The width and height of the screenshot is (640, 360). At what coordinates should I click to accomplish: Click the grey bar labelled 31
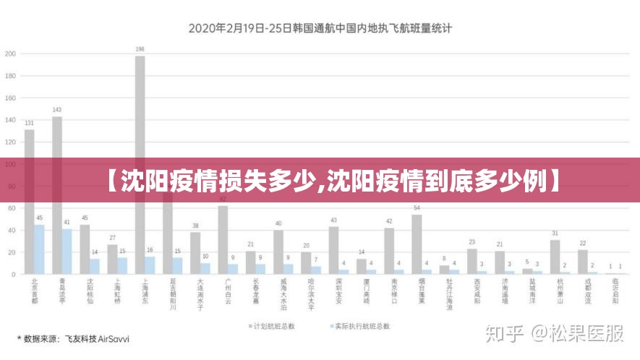tap(555, 257)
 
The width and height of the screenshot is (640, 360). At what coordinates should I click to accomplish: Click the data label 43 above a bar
tap(333, 220)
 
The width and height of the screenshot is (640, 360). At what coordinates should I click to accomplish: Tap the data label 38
tap(195, 226)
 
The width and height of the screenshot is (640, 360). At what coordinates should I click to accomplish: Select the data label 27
tap(112, 237)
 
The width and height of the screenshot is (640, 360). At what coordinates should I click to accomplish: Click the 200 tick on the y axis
tap(10, 53)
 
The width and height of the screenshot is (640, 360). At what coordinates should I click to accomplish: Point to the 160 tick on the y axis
tap(10, 98)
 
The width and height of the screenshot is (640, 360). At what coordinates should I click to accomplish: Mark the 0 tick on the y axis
tap(14, 275)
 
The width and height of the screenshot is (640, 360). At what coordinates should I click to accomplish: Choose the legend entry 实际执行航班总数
tap(362, 327)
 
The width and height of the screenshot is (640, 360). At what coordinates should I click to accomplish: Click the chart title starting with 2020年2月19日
tap(320, 29)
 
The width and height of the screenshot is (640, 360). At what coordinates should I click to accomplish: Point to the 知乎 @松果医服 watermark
tap(555, 333)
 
